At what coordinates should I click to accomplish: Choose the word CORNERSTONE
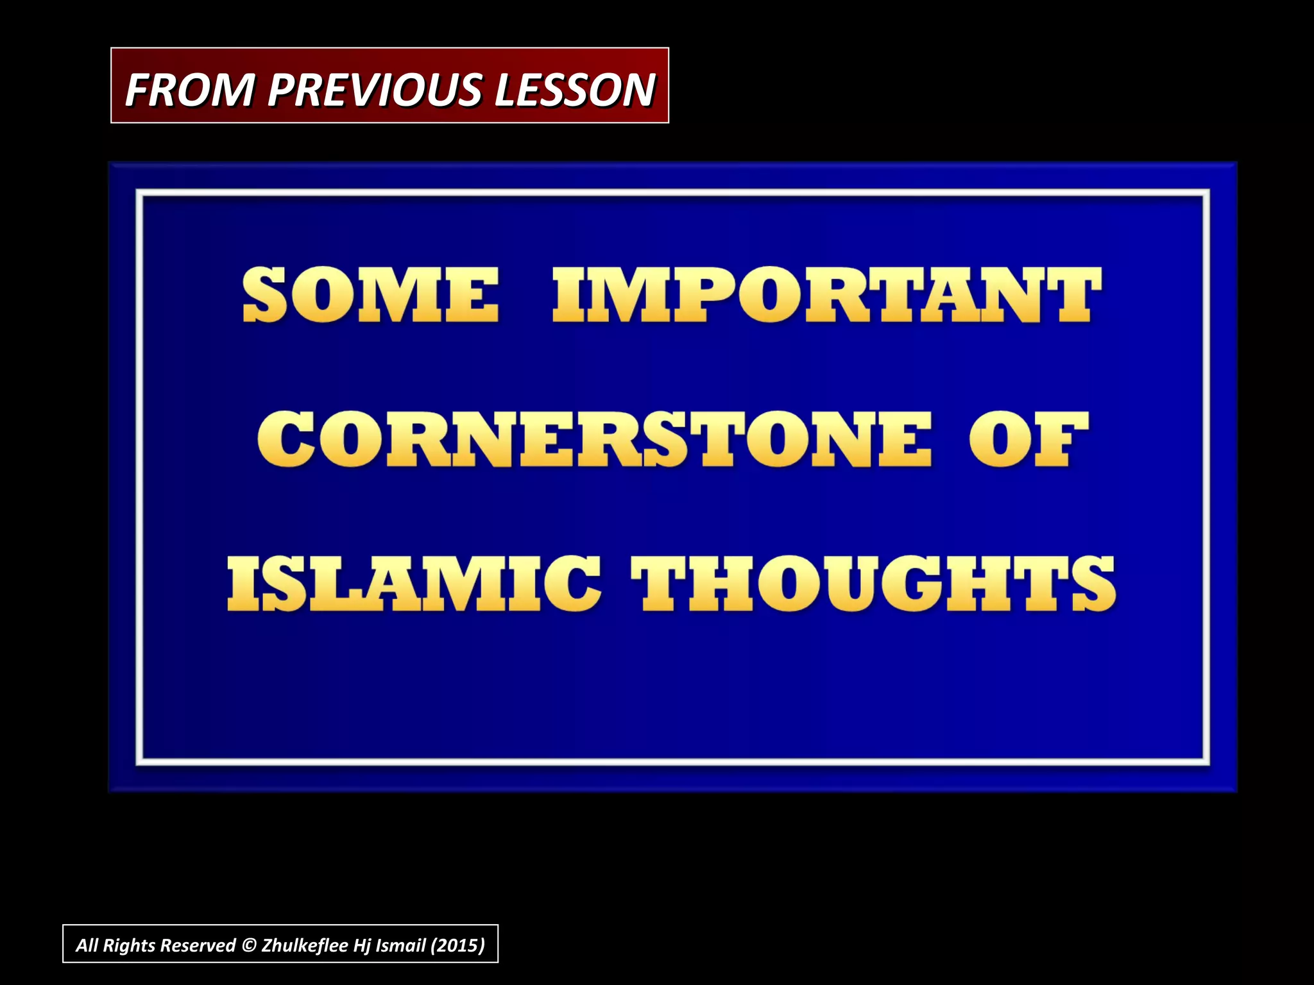click(x=594, y=439)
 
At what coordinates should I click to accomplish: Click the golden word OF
click(x=1028, y=439)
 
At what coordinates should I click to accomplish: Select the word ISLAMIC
click(x=414, y=583)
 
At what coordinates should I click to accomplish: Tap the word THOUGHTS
click(x=873, y=583)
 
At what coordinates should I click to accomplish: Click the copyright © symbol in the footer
click(x=248, y=945)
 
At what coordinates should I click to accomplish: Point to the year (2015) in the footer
click(x=457, y=945)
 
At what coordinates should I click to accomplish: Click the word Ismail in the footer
click(x=400, y=945)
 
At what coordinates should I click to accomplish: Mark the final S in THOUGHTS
click(x=1093, y=583)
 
